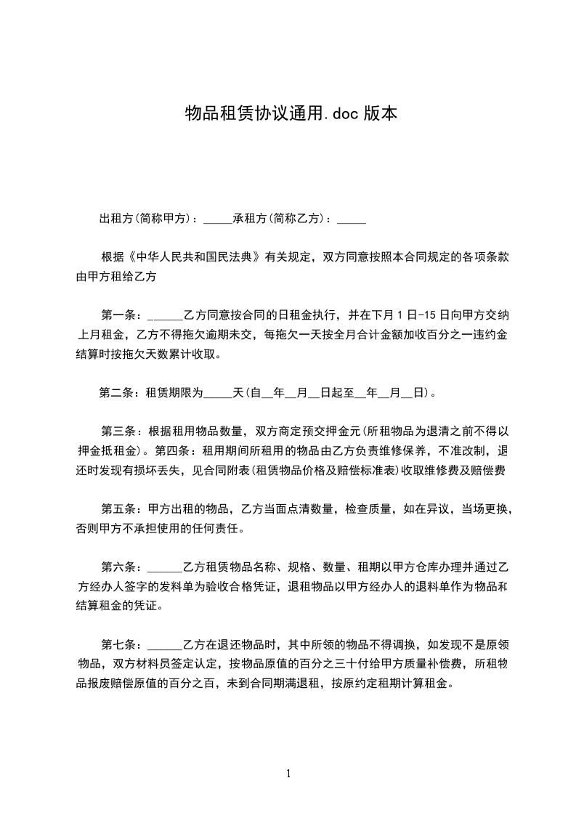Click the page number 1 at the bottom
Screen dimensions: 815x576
[288, 774]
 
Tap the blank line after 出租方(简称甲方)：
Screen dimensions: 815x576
[217, 218]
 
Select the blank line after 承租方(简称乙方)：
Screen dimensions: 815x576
[352, 218]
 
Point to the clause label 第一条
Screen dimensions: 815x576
[116, 315]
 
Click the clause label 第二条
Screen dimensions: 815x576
[116, 394]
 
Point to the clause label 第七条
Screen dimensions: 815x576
[116, 644]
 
